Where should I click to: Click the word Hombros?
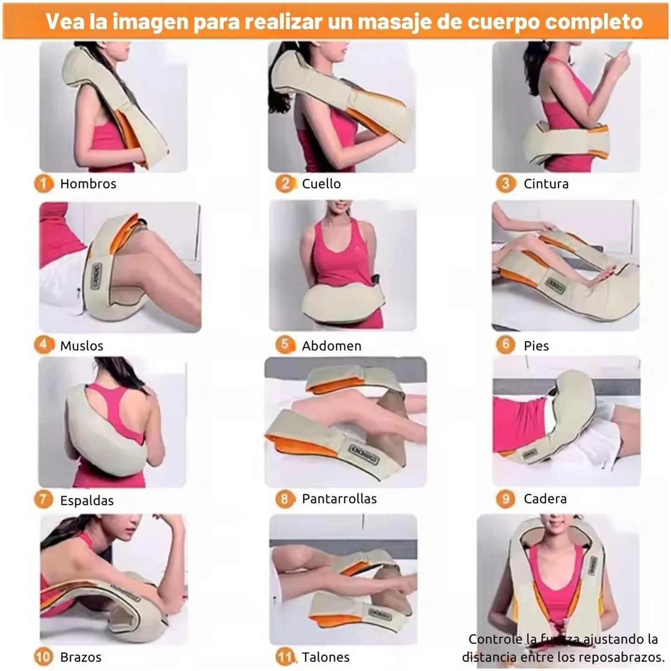point(88,183)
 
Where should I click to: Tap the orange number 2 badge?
point(285,183)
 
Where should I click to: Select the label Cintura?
point(546,183)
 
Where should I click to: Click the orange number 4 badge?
point(44,345)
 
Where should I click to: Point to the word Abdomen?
point(332,346)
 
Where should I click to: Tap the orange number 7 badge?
point(44,499)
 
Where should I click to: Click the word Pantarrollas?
point(339,499)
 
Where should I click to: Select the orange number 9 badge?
point(505,499)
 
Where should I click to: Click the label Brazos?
point(81,657)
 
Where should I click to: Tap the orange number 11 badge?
point(286,657)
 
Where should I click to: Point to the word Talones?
point(326,657)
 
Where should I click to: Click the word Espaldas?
point(87,501)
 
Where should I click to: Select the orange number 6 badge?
point(505,345)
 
